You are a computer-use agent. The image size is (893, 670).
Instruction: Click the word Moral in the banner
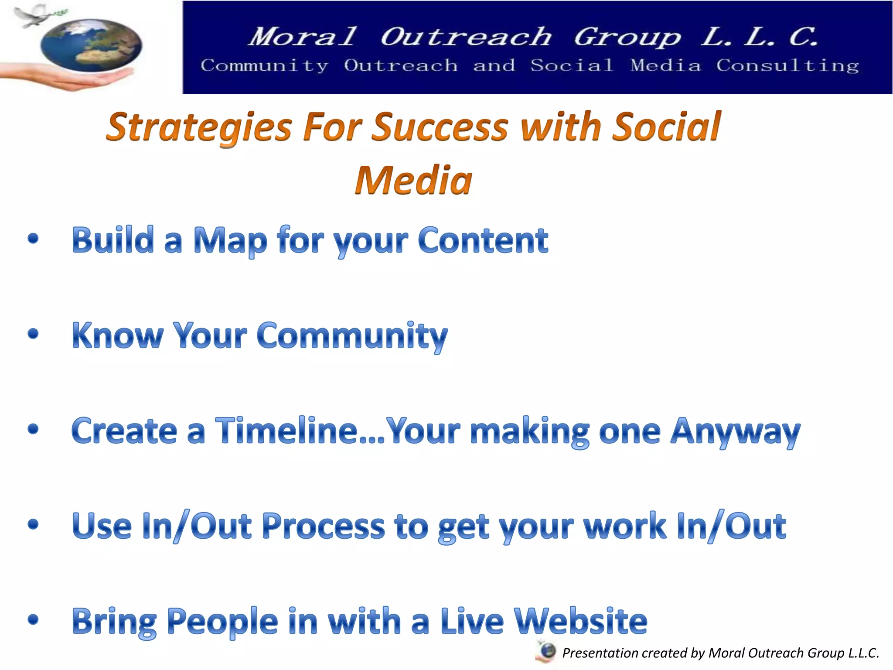[x=303, y=37]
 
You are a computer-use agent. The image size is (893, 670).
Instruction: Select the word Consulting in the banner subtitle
[x=787, y=66]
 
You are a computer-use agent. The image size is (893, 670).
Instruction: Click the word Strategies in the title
[x=199, y=127]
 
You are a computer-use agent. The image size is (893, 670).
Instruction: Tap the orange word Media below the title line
[x=413, y=181]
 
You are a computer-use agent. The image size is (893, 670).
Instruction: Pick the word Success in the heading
[x=441, y=127]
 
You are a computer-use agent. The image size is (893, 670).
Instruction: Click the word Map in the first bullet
[x=230, y=241]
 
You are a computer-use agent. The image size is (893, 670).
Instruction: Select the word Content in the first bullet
[x=483, y=240]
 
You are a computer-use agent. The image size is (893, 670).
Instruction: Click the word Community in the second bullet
[x=352, y=336]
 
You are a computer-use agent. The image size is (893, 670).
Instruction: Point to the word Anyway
[x=735, y=432]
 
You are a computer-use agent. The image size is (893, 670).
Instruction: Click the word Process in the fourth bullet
[x=324, y=526]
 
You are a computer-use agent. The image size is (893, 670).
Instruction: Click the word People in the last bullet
[x=222, y=622]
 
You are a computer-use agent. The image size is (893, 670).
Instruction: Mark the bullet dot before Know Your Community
[x=33, y=334]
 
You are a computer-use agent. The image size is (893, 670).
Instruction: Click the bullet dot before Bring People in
[x=33, y=619]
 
